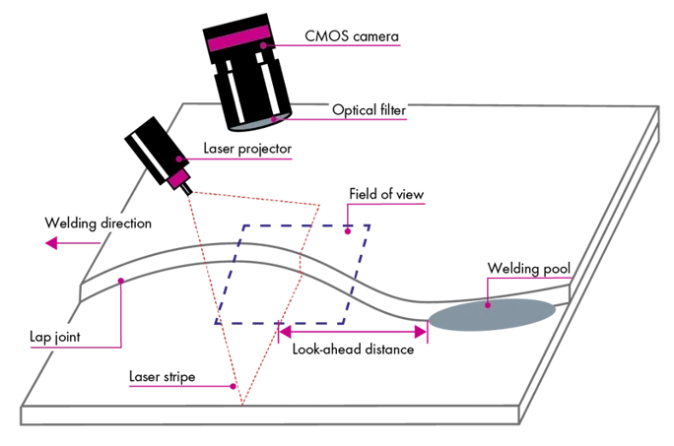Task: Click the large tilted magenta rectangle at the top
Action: [x=238, y=38]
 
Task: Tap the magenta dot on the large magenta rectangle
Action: [x=263, y=44]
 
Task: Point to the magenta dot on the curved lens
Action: [x=275, y=120]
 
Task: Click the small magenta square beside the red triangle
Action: [x=177, y=178]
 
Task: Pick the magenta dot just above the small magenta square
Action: [x=178, y=159]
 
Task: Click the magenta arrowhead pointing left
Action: [x=50, y=242]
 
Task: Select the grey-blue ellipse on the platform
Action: [x=493, y=316]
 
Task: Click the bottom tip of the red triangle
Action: [x=242, y=402]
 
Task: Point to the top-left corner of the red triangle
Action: [x=190, y=193]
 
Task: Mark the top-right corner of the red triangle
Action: [x=320, y=205]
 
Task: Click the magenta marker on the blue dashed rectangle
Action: [x=348, y=229]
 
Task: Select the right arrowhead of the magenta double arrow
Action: [x=425, y=333]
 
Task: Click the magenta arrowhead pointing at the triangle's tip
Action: [x=231, y=386]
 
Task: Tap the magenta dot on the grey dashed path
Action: [x=120, y=280]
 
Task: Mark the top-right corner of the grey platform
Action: [x=658, y=106]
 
